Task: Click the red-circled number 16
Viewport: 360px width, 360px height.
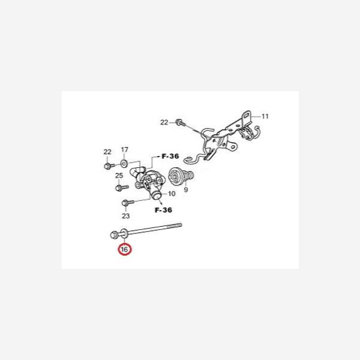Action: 125,249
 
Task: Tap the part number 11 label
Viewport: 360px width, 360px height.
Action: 266,115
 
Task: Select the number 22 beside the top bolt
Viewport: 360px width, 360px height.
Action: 164,122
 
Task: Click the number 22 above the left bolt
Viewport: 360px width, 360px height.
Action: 107,151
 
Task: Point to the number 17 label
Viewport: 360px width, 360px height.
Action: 125,149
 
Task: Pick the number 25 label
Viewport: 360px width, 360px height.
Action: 119,175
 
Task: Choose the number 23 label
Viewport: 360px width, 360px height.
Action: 125,215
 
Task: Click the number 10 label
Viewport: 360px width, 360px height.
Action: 171,194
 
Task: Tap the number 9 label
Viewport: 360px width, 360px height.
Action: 186,190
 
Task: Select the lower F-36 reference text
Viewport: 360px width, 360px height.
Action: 163,210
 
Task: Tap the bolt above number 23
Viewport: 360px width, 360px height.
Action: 125,202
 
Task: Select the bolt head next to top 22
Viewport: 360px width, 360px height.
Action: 179,122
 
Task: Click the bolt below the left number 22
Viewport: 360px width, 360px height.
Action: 107,165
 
